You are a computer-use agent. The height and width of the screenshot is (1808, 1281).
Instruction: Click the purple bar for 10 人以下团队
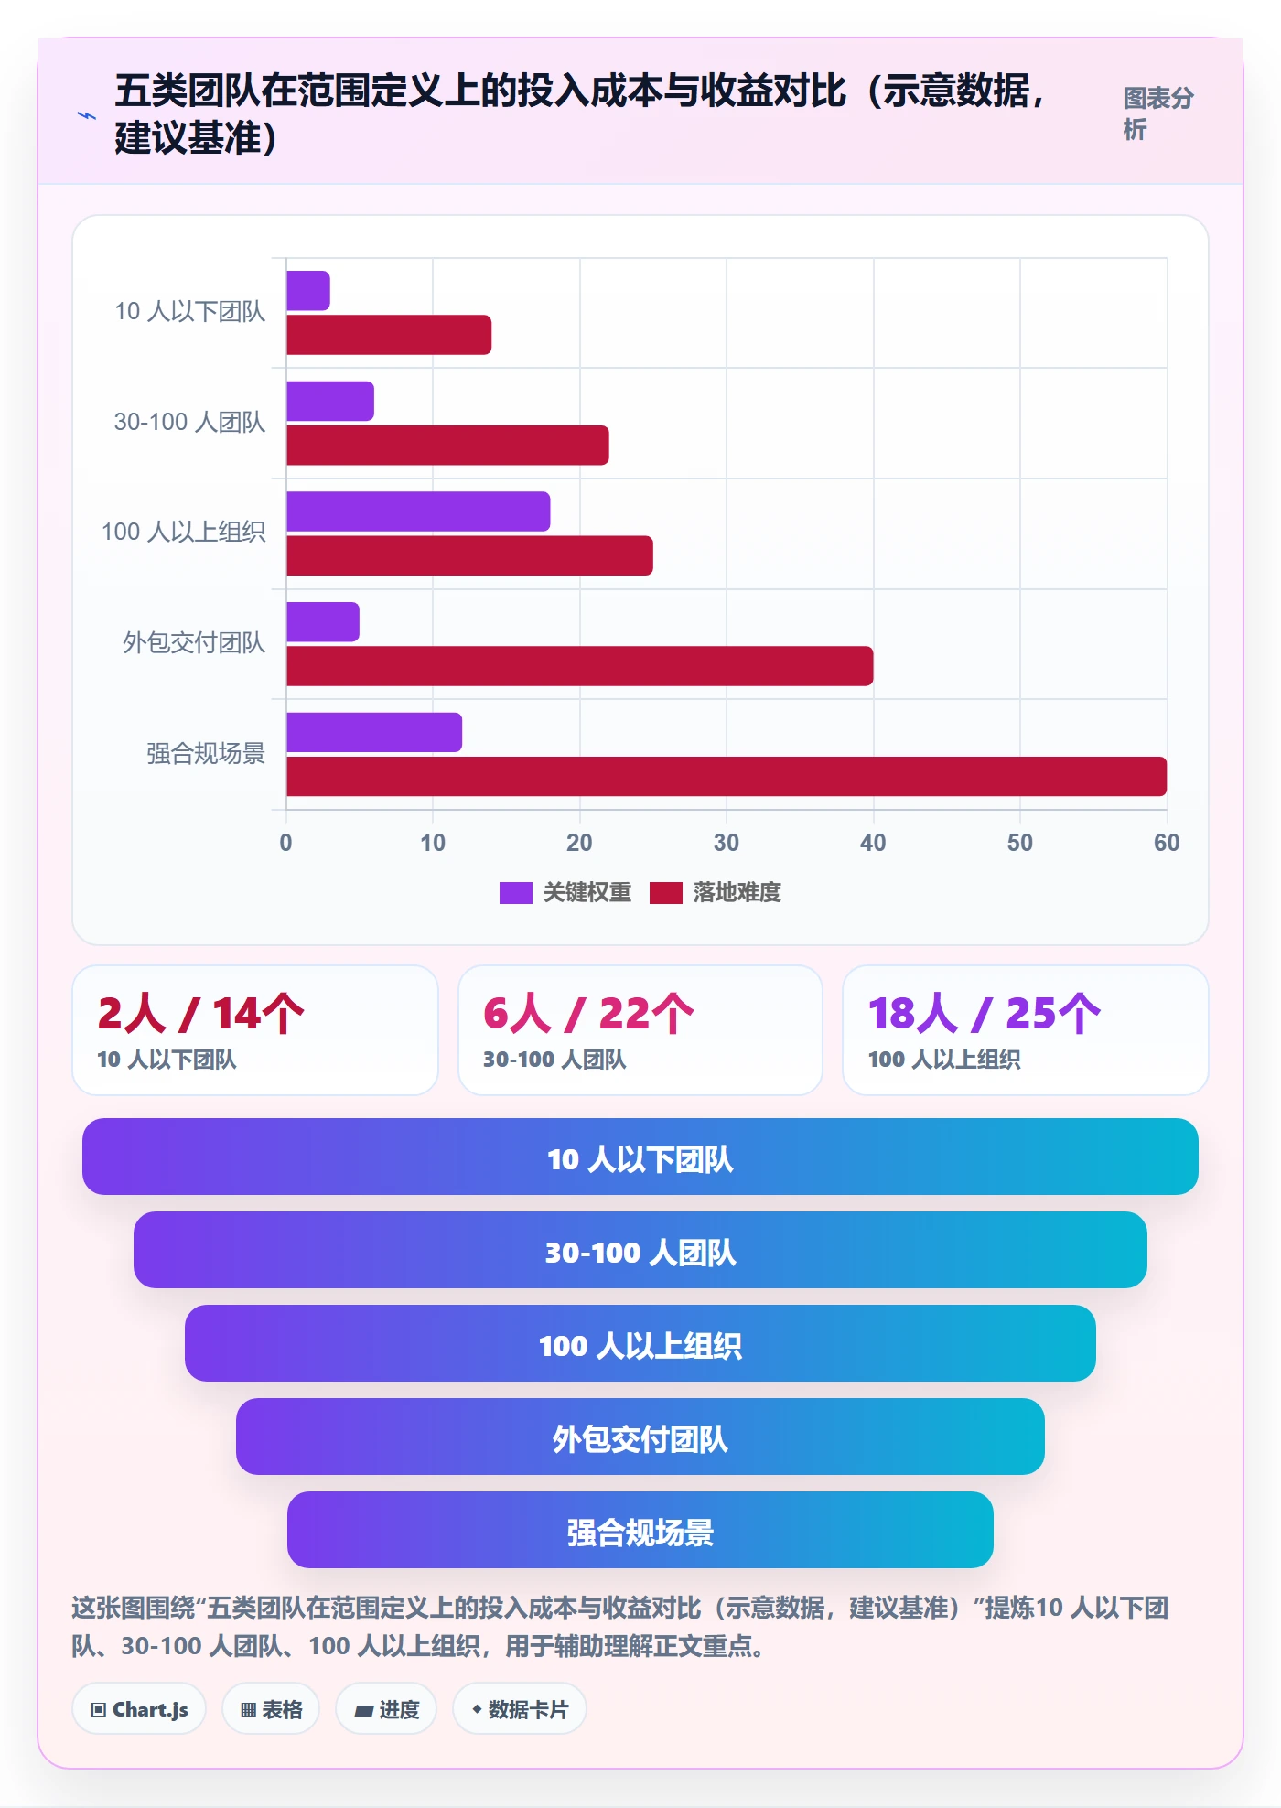point(308,291)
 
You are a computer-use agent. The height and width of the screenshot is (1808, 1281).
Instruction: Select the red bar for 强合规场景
point(727,777)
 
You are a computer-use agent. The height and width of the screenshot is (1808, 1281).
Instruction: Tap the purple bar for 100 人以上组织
point(418,511)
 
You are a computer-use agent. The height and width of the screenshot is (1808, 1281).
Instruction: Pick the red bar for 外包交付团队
point(580,666)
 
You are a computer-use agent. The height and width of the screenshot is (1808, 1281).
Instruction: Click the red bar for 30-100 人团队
point(447,446)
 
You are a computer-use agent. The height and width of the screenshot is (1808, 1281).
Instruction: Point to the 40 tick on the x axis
point(873,843)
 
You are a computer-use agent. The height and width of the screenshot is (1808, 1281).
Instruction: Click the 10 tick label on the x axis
point(433,843)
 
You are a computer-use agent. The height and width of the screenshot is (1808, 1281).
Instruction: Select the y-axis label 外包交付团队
point(194,643)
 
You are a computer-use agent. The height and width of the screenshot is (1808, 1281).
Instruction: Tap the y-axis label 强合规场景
point(206,754)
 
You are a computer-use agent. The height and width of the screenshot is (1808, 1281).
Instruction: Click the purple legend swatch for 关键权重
point(516,893)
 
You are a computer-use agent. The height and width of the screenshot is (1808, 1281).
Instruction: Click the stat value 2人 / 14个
point(200,1014)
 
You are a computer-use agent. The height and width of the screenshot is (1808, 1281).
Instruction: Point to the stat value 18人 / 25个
point(985,1014)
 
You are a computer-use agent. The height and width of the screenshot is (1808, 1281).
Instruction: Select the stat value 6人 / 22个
point(588,1014)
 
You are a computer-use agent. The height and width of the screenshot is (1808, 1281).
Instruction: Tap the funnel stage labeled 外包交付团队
point(640,1437)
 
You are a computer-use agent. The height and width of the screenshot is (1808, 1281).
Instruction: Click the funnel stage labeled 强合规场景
point(640,1530)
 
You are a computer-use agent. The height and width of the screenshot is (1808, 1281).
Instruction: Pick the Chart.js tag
point(139,1709)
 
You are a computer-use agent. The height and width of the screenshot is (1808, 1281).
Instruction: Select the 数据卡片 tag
point(520,1709)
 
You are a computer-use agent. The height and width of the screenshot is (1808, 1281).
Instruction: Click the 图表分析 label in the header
point(1158,113)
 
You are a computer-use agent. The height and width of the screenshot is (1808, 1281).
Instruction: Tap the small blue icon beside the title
point(86,115)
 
